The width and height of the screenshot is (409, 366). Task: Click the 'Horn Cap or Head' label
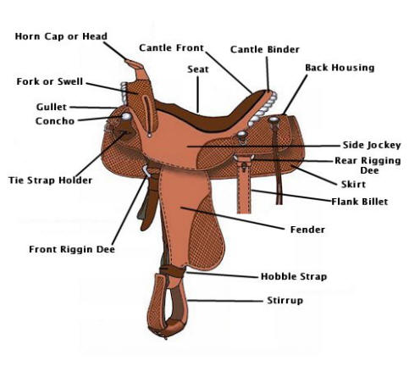point(61,36)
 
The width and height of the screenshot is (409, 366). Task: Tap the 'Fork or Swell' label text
point(50,81)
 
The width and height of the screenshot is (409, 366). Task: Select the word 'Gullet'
point(52,107)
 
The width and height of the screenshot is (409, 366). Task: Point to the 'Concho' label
point(55,121)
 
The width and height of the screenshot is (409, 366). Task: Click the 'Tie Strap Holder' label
point(50,180)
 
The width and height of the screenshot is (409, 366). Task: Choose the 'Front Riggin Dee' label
point(72,249)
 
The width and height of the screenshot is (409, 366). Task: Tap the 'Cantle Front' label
point(171,47)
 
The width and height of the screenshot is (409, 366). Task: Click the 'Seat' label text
point(198,69)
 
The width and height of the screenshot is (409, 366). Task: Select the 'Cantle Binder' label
point(265,49)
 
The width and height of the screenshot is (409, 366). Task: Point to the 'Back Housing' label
point(340,68)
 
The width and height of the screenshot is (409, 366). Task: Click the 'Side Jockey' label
point(372,145)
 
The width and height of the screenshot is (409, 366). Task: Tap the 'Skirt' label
point(353,185)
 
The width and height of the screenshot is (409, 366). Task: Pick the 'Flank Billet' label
point(360,202)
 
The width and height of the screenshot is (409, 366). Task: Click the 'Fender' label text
point(307,230)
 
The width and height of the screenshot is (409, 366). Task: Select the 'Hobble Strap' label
point(294,276)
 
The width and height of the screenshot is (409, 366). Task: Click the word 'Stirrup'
point(285,301)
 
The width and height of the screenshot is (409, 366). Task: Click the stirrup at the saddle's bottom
point(167,307)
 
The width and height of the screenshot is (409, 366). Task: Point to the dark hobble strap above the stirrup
point(172,271)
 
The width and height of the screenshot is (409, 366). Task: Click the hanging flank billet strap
point(244,186)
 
